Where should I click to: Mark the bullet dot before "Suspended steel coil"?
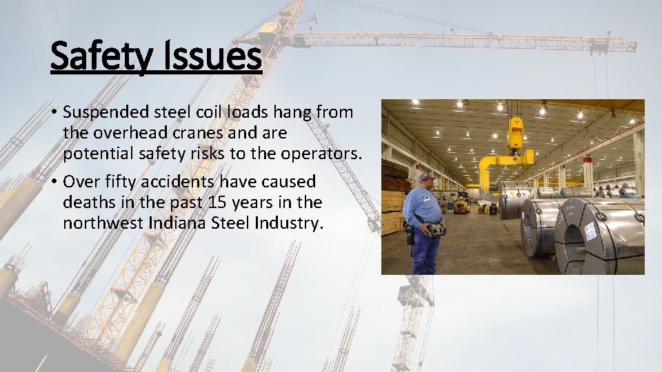tap(54, 112)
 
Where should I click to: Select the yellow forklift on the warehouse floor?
tap(461, 205)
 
